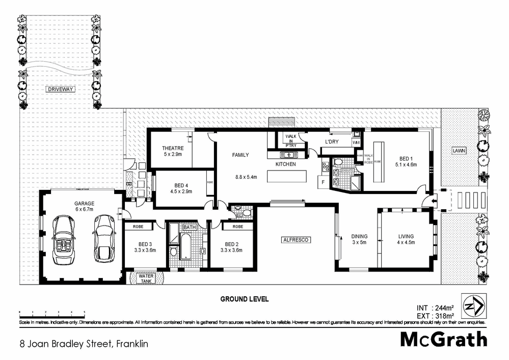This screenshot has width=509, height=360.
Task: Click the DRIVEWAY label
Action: pos(60,89)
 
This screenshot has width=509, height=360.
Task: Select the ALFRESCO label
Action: pos(297,239)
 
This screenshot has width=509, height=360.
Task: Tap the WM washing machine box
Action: pos(356,142)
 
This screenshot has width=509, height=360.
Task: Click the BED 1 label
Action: pos(406,157)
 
